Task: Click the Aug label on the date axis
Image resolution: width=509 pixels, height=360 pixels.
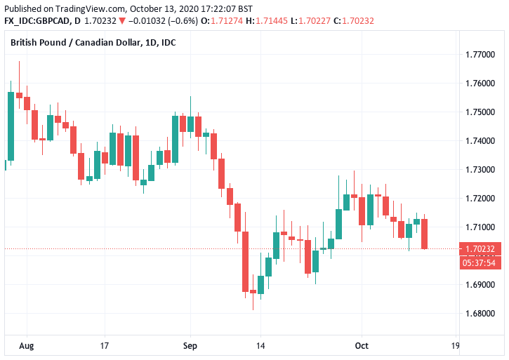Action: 26,346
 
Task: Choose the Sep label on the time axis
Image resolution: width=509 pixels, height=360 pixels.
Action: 190,346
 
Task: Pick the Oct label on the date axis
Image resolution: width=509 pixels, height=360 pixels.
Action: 362,346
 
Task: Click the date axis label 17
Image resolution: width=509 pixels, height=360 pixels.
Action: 105,346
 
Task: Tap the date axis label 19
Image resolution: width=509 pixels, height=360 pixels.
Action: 455,346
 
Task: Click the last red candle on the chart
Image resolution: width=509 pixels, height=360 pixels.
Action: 425,234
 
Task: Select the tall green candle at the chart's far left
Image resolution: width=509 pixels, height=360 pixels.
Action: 11,126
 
